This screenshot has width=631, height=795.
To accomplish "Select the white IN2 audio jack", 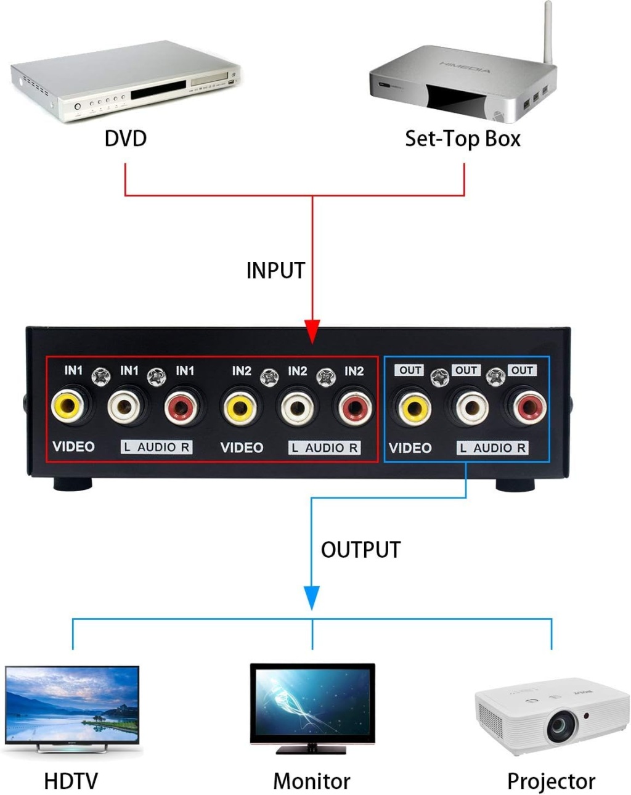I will [296, 407].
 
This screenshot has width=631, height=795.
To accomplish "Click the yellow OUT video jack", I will [413, 407].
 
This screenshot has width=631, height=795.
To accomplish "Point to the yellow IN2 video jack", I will [240, 407].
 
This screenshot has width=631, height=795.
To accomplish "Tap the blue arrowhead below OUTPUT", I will [312, 597].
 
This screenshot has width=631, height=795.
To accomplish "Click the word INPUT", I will [275, 271].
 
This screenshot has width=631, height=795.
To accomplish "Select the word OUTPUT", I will [360, 550].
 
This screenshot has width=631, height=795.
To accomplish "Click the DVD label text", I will [126, 138].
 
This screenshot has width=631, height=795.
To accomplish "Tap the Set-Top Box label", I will [462, 139].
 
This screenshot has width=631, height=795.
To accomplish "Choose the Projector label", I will [551, 781].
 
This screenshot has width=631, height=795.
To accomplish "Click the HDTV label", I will [71, 781].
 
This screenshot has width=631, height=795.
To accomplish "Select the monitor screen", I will [312, 703].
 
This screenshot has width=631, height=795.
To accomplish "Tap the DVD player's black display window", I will [158, 92].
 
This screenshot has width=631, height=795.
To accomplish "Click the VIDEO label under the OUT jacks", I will [410, 448].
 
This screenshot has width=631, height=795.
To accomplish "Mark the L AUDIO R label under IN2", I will [324, 448].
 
